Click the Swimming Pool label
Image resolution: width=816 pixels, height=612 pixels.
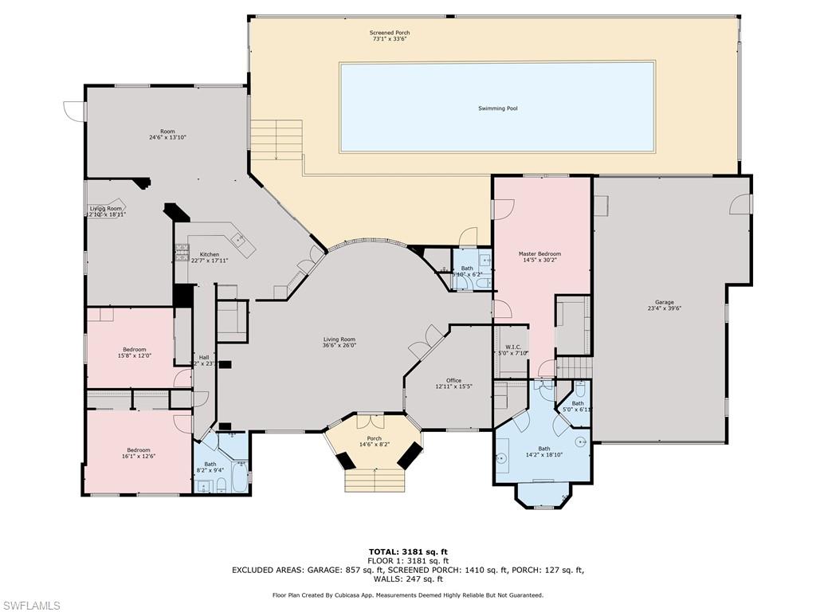point(497,108)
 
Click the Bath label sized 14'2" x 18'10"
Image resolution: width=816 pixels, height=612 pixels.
point(543,452)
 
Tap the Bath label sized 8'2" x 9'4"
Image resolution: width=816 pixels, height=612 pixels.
point(210,467)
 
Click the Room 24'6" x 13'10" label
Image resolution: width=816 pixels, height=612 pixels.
point(167,135)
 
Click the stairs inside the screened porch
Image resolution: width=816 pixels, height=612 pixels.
point(277,139)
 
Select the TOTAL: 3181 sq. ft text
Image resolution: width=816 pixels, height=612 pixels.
point(407,551)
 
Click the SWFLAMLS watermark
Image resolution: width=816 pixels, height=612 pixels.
point(30,606)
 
